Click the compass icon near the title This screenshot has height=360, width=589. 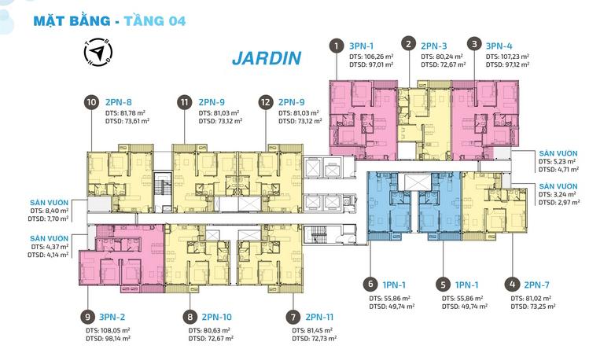tap(95, 51)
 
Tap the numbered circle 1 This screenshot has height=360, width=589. tap(337, 45)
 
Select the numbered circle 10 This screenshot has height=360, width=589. tap(92, 101)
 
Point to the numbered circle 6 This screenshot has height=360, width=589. tap(369, 285)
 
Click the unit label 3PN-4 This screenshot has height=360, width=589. tap(501, 45)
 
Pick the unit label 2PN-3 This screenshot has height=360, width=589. tap(435, 45)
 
